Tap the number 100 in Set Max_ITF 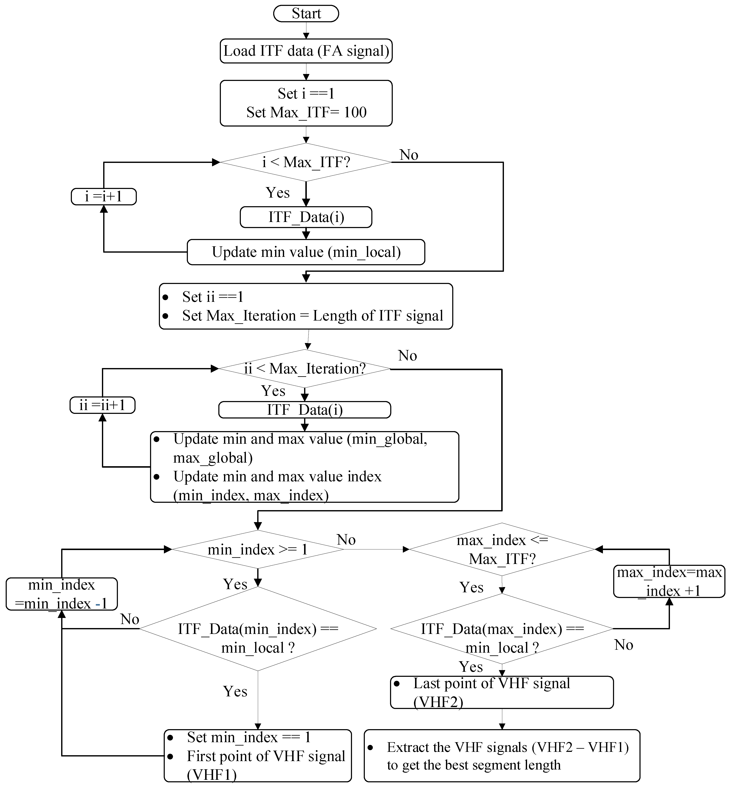point(355,112)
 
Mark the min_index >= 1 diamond point(258,549)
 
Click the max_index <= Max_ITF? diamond point(502,549)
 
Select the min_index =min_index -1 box point(62,594)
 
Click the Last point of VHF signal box point(502,693)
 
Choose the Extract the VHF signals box point(502,756)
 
